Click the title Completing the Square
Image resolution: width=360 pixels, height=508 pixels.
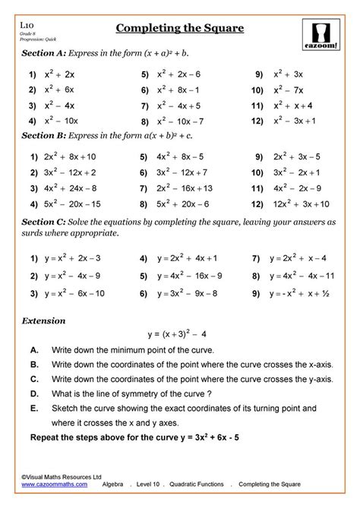(179, 30)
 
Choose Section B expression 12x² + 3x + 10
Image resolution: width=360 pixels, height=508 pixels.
(302, 204)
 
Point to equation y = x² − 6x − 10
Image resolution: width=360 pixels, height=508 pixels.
(78, 292)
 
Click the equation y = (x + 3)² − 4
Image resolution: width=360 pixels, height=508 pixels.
(180, 333)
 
